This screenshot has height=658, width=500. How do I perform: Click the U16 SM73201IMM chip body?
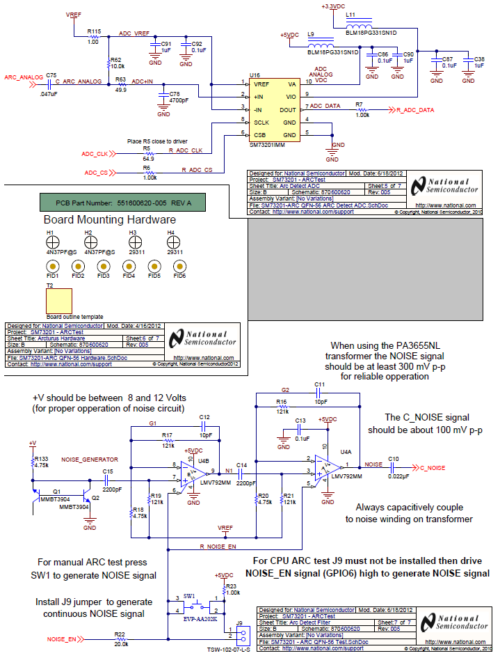(272, 110)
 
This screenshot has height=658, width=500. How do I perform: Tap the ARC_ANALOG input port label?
(22, 77)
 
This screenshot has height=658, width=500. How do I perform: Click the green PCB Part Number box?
(124, 203)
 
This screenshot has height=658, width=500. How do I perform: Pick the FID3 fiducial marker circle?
(103, 266)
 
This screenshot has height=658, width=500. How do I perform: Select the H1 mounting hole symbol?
(51, 242)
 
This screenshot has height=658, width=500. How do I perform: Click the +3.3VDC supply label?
(332, 6)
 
